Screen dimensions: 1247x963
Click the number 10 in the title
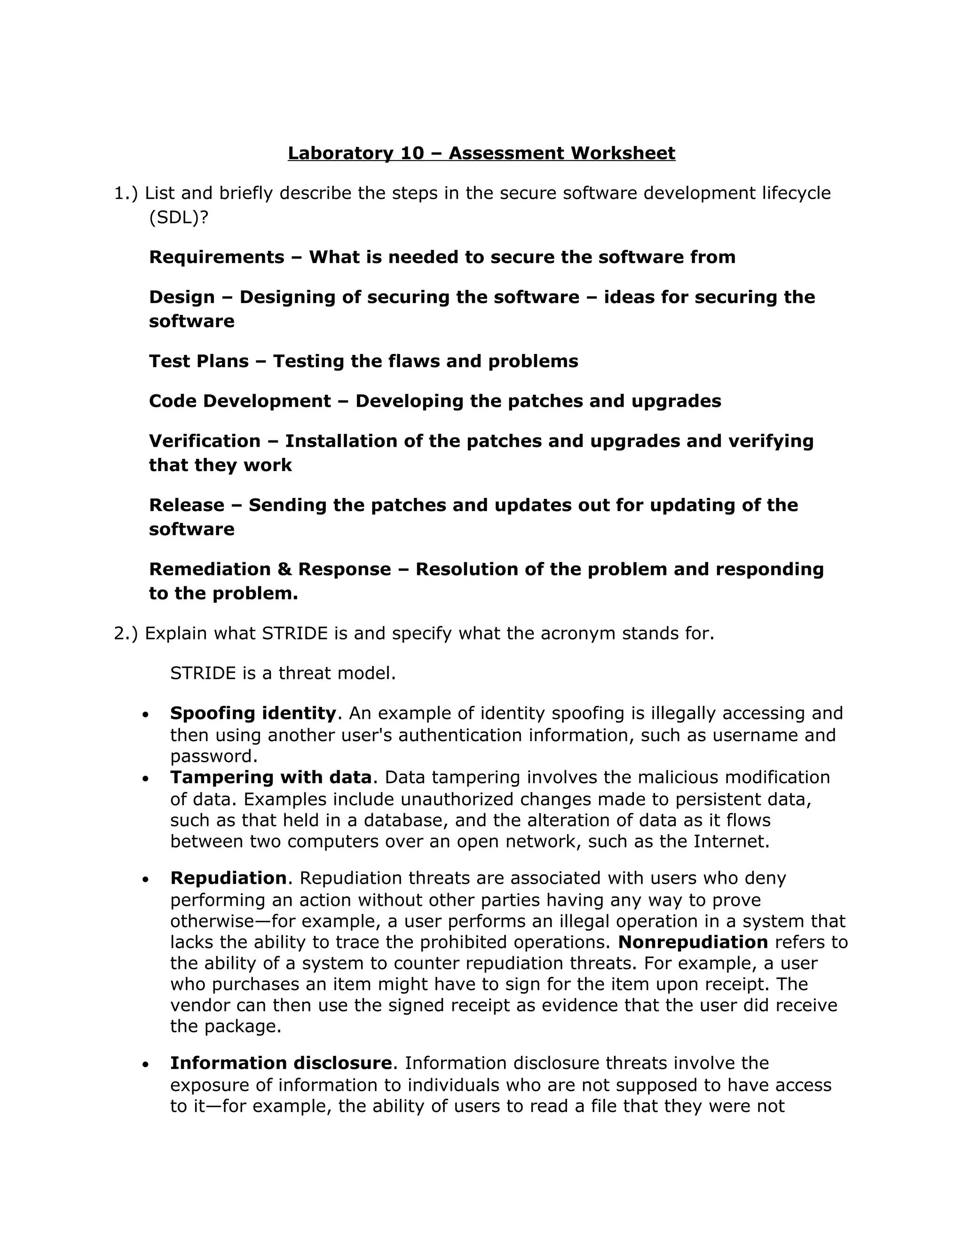(x=412, y=153)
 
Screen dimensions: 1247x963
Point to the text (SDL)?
(x=179, y=217)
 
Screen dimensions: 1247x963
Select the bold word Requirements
(x=216, y=257)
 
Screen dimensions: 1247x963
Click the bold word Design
(x=182, y=297)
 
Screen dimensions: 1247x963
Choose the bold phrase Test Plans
(x=198, y=361)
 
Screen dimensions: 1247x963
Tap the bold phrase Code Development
(x=240, y=401)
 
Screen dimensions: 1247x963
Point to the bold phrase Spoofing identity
(x=253, y=713)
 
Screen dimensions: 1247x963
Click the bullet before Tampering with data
(x=146, y=778)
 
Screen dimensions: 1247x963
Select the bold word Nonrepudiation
(x=693, y=942)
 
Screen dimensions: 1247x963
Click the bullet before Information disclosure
(x=146, y=1064)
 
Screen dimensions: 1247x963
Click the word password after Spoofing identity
(x=213, y=756)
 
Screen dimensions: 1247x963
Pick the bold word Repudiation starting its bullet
(x=228, y=878)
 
